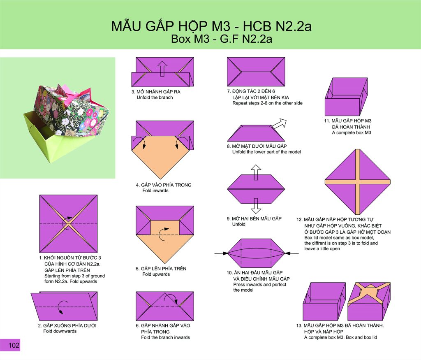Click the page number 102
[x=14, y=345]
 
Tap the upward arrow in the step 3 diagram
[x=162, y=69]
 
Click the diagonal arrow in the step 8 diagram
[x=279, y=123]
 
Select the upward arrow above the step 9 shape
[x=256, y=172]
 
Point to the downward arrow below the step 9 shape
[x=256, y=206]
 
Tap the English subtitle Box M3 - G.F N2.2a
[x=222, y=39]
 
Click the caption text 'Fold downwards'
[x=60, y=331]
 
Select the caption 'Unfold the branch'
[x=155, y=98]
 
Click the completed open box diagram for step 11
[x=346, y=97]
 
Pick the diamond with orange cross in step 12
[x=357, y=182]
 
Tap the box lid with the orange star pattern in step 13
[x=369, y=301]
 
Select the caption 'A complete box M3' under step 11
[x=352, y=133]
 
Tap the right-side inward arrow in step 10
[x=291, y=253]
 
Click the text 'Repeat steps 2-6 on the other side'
[x=267, y=103]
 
